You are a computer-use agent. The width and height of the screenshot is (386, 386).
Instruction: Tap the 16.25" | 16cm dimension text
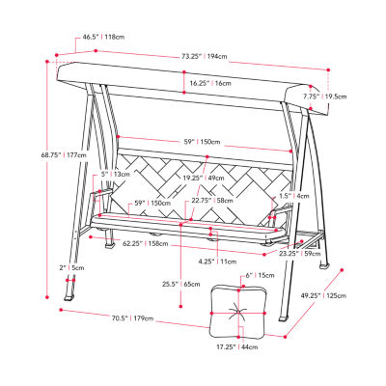[209, 84]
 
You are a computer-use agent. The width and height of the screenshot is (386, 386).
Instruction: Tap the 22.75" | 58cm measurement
[212, 201]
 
